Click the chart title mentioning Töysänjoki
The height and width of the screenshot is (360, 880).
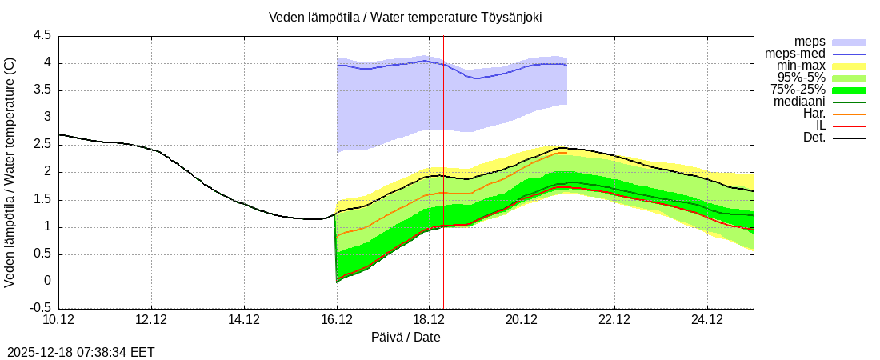click(x=405, y=17)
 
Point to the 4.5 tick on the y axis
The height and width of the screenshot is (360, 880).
click(x=42, y=36)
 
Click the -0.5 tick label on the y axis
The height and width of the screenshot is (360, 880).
click(x=40, y=308)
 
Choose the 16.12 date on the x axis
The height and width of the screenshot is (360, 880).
click(x=337, y=320)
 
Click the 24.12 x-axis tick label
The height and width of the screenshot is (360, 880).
click(x=707, y=320)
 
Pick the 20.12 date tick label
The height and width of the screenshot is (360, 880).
click(x=522, y=320)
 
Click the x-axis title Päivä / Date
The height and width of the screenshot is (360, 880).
click(x=406, y=337)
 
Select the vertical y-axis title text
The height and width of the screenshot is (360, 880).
click(x=10, y=172)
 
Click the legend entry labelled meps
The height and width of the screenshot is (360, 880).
click(x=810, y=42)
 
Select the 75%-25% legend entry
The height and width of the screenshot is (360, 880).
click(x=798, y=90)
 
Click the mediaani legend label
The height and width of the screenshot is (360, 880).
click(x=799, y=102)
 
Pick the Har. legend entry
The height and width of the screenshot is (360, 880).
click(x=814, y=114)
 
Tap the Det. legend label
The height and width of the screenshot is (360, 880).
click(x=814, y=138)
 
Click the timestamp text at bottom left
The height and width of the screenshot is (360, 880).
click(x=81, y=352)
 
